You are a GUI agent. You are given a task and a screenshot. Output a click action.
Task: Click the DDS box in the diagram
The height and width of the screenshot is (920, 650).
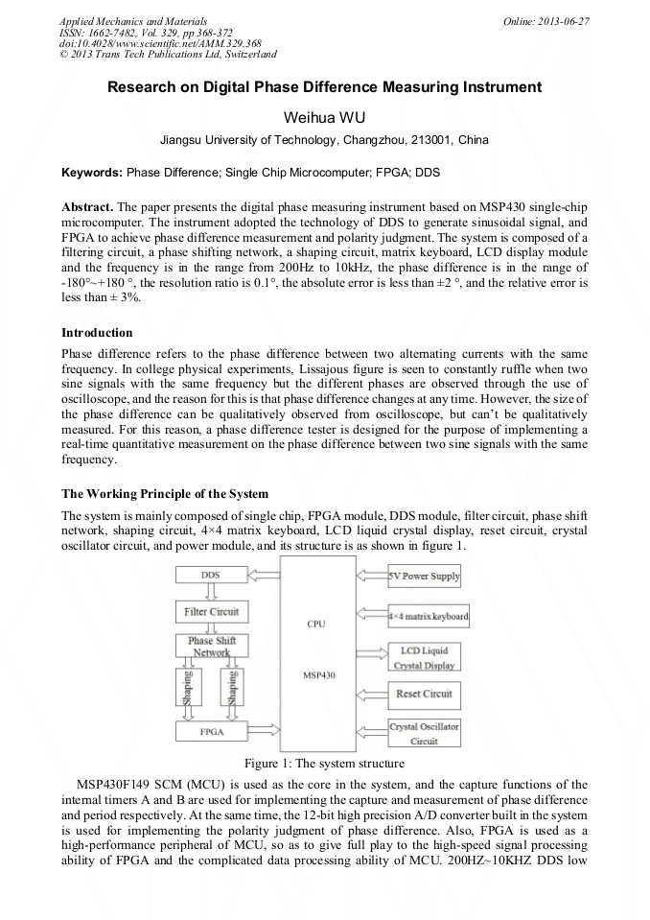(211, 575)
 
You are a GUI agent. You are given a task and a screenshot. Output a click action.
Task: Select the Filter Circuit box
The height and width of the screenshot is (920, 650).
(211, 611)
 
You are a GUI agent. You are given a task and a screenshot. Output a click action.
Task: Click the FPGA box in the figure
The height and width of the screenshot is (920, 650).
(211, 731)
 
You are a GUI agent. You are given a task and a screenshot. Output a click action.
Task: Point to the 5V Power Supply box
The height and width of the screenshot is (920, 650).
(424, 577)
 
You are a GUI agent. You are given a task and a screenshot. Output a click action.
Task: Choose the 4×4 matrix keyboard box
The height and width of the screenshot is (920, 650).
(428, 616)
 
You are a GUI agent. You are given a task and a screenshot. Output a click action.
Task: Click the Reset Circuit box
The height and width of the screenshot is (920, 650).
(424, 694)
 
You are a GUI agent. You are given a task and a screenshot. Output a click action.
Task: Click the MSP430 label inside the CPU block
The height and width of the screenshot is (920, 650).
(316, 675)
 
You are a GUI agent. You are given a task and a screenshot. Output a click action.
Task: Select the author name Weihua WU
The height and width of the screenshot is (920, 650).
(324, 117)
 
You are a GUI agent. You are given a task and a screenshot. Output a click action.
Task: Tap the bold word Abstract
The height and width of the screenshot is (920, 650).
(88, 207)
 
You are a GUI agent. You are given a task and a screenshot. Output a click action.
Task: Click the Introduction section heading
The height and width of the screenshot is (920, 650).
(97, 333)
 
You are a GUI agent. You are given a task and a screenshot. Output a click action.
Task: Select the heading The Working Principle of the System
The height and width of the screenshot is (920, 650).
(165, 494)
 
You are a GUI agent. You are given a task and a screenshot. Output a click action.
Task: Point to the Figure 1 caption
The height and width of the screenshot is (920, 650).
(324, 764)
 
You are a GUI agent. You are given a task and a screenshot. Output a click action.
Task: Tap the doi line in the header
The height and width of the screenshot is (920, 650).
(160, 43)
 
